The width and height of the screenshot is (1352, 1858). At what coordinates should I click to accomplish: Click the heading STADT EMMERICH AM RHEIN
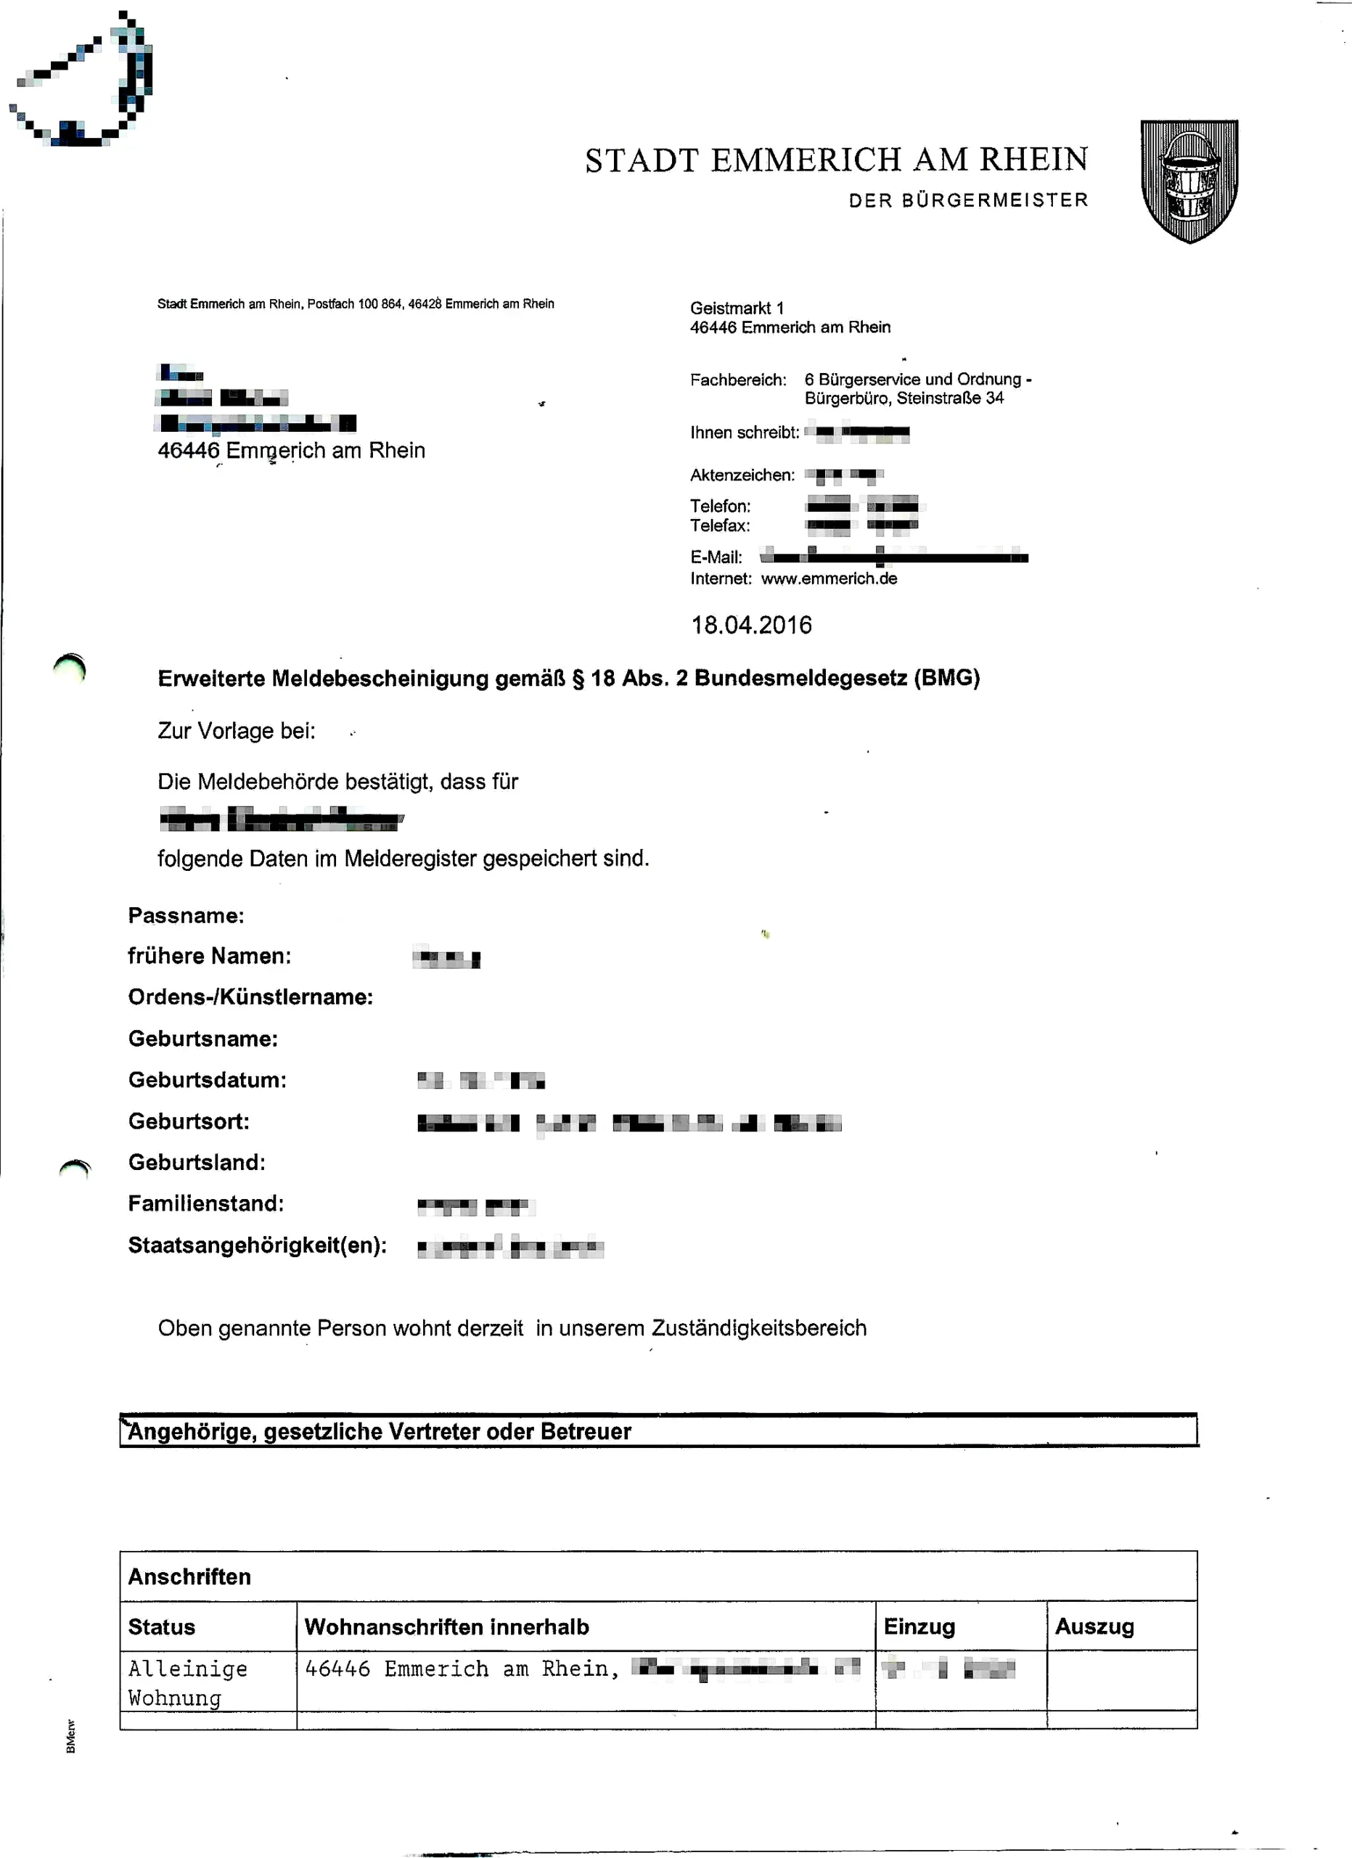(x=836, y=160)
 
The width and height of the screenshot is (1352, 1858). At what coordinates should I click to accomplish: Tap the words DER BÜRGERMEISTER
(x=968, y=201)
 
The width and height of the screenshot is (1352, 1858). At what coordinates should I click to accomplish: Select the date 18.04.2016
(x=751, y=625)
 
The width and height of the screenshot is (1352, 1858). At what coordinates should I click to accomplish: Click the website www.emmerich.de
(x=829, y=578)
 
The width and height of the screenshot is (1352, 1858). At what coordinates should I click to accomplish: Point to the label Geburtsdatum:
(x=207, y=1080)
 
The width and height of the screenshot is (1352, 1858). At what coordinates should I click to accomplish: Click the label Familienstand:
(x=205, y=1203)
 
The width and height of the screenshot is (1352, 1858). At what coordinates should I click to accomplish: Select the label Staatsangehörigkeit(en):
(x=257, y=1245)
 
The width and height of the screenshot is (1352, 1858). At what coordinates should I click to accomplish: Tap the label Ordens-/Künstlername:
(x=250, y=997)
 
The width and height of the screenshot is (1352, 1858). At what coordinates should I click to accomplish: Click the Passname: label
(x=186, y=915)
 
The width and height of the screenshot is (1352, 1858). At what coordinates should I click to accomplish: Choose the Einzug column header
(x=919, y=1626)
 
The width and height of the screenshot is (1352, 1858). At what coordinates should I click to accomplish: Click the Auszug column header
(x=1094, y=1626)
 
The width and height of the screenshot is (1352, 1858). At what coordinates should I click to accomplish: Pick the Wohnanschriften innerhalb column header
(x=446, y=1627)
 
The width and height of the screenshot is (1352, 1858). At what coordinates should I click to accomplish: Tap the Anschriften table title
(x=189, y=1576)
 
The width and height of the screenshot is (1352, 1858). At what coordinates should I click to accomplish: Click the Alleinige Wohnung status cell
(x=187, y=1682)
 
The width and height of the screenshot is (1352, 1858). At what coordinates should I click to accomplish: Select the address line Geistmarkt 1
(x=736, y=308)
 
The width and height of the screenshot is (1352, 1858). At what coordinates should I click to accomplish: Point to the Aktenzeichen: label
(x=742, y=475)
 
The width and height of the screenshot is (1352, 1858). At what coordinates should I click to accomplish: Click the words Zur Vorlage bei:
(x=236, y=731)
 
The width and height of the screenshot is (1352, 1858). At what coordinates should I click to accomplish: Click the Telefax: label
(x=720, y=525)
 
